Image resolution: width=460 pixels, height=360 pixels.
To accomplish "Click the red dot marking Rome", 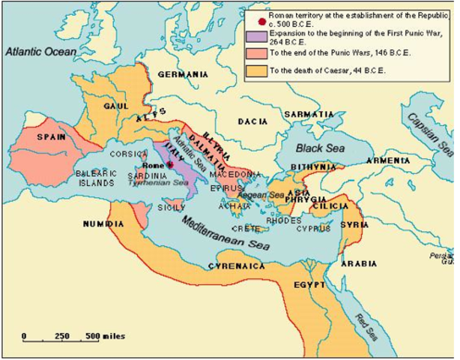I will [x=171, y=165].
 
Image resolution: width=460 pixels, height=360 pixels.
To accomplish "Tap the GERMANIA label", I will [x=183, y=74].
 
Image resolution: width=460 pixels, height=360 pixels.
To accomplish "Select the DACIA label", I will [x=252, y=121].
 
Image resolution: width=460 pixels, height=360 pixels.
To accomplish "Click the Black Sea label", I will [x=320, y=148].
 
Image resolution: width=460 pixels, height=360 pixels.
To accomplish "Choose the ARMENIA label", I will [x=387, y=160].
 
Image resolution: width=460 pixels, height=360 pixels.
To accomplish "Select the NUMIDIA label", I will [x=103, y=224].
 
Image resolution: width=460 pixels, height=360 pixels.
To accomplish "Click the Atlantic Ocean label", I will [x=40, y=52].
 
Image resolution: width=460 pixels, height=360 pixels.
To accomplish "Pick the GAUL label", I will [x=116, y=106].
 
